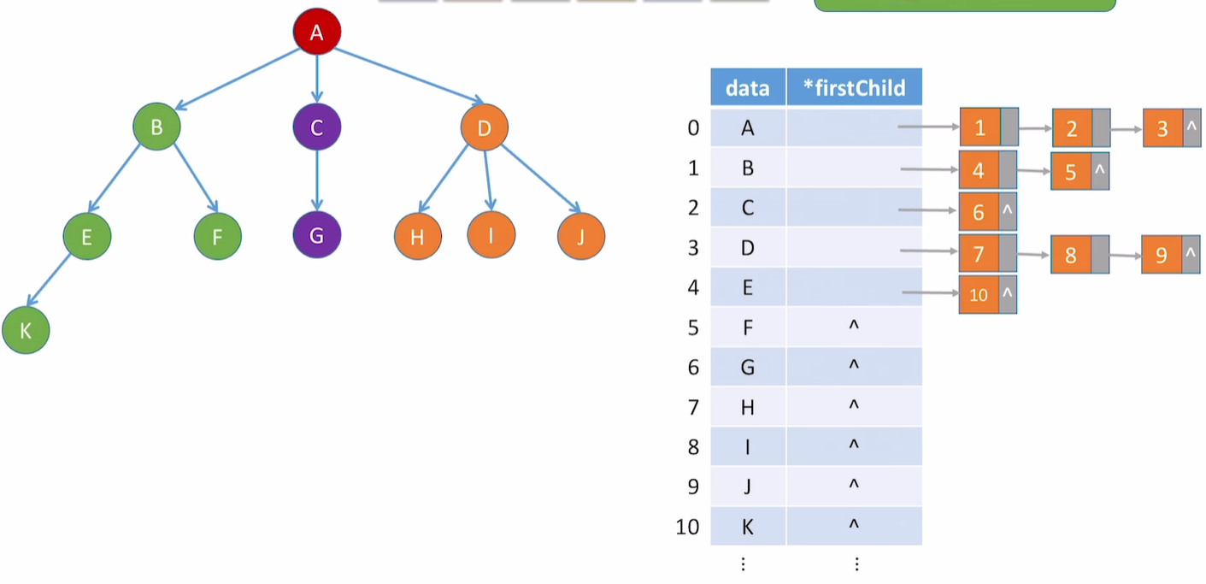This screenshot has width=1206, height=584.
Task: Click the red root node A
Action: [316, 32]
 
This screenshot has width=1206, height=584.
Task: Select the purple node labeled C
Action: [316, 128]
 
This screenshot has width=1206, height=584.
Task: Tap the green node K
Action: [26, 331]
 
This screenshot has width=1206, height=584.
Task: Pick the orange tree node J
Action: [581, 236]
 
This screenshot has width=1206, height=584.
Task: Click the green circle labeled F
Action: [217, 236]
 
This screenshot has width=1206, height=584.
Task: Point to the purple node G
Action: [316, 236]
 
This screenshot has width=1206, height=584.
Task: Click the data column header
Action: [747, 87]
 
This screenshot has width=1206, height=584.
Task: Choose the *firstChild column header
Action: [854, 87]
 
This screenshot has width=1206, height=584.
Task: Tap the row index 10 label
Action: [687, 527]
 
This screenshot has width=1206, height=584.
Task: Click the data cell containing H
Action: [747, 407]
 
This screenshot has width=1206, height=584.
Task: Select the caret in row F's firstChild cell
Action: [853, 326]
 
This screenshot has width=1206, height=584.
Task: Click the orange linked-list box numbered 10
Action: [979, 295]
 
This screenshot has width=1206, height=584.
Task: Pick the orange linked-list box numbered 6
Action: [979, 212]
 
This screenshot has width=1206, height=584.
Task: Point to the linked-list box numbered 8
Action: [1070, 255]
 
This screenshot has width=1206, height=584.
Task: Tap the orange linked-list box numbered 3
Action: [1162, 129]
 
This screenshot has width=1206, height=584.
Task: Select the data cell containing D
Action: [747, 248]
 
